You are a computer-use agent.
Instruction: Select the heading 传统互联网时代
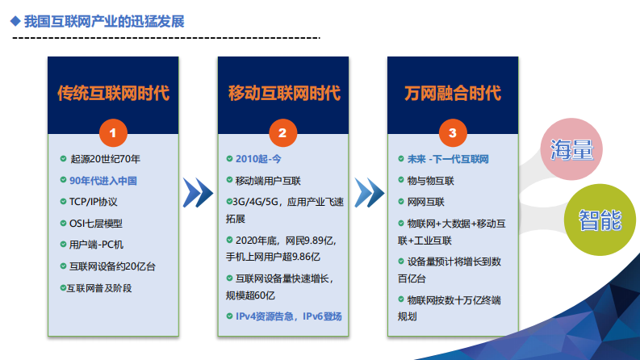[x=113, y=93]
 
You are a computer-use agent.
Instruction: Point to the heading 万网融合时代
[x=453, y=93]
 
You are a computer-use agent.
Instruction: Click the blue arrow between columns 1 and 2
[x=198, y=191]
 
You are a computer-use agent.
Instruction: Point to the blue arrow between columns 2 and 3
[x=367, y=191]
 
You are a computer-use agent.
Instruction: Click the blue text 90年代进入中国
[x=105, y=180]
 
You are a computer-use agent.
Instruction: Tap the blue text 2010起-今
[x=259, y=159]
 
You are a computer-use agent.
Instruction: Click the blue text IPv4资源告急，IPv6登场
[x=288, y=316]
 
